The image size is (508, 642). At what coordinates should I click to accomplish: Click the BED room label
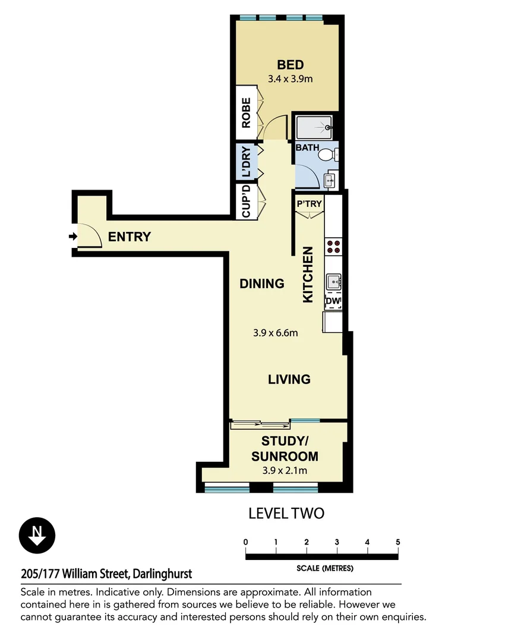click(x=290, y=65)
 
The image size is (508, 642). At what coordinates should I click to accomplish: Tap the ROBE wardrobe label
click(x=246, y=112)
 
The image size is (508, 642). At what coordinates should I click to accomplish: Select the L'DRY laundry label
click(x=246, y=161)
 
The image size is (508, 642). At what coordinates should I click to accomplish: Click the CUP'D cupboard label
click(x=246, y=202)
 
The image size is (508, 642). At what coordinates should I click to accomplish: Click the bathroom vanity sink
click(x=330, y=180)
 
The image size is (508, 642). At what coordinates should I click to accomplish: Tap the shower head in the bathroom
click(x=327, y=127)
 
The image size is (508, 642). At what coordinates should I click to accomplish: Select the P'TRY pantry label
click(x=310, y=203)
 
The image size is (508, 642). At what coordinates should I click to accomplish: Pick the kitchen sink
click(x=334, y=282)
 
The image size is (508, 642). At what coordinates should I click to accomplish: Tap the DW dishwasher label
click(x=333, y=301)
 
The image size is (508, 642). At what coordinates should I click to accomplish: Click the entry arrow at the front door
click(x=73, y=236)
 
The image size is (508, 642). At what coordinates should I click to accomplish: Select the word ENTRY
click(x=130, y=237)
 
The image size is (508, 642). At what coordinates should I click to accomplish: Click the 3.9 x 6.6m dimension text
click(x=276, y=332)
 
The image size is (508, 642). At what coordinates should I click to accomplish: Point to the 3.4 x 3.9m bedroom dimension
click(x=290, y=78)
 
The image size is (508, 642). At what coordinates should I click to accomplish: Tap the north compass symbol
click(x=37, y=536)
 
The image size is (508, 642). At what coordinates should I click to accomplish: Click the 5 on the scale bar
click(x=398, y=542)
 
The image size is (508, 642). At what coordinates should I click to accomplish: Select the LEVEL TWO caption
click(x=286, y=513)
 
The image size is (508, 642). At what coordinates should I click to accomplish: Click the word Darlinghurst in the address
click(x=163, y=574)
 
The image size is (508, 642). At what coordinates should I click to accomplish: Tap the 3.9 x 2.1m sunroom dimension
click(x=285, y=470)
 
